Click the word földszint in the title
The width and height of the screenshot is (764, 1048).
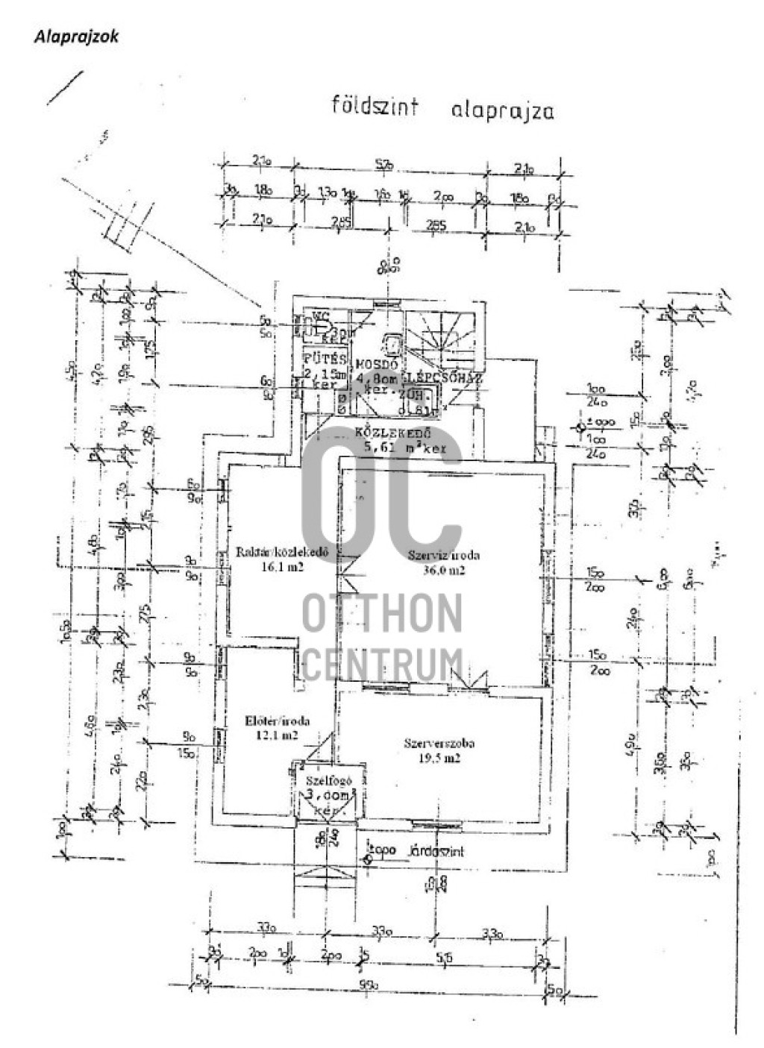[x=375, y=105]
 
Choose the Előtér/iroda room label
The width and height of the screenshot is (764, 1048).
[x=278, y=721]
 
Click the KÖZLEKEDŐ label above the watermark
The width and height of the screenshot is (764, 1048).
[x=382, y=433]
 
